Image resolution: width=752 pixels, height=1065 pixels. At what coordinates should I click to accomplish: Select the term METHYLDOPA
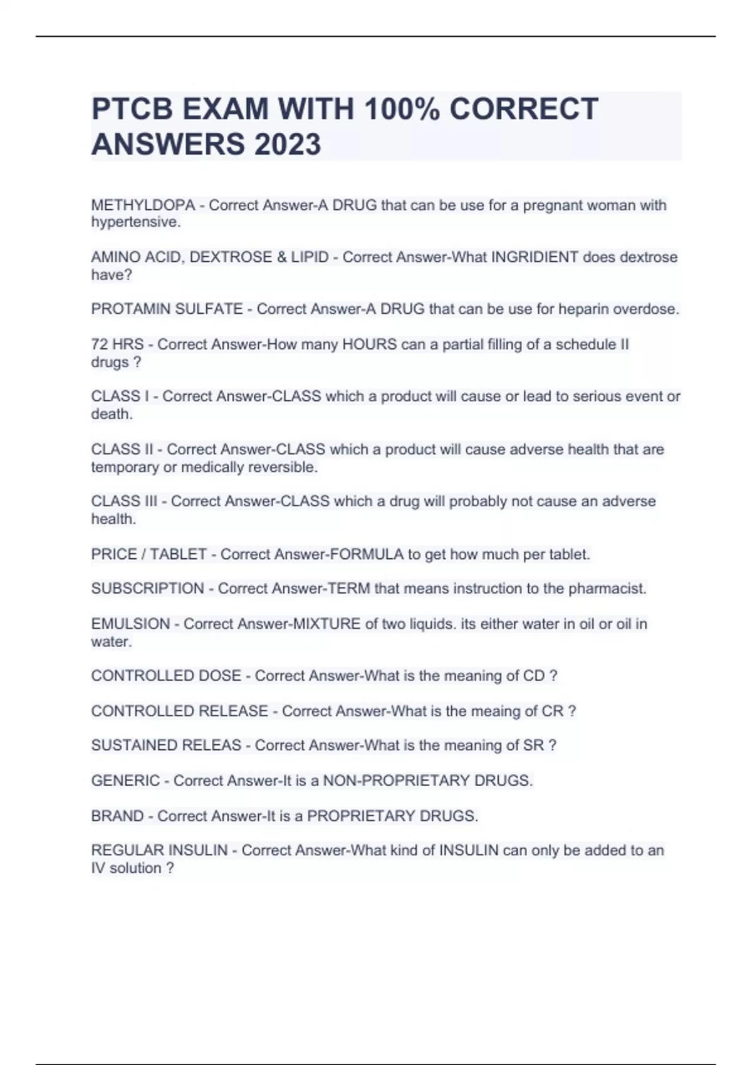(143, 205)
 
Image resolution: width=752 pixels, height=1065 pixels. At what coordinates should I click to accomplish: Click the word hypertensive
(135, 222)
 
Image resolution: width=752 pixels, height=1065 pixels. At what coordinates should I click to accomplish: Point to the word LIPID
(307, 257)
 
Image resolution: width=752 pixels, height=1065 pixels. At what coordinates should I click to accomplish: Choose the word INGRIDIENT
(535, 257)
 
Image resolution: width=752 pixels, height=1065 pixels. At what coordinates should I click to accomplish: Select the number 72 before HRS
(99, 345)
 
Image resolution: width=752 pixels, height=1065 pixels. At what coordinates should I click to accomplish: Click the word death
(111, 414)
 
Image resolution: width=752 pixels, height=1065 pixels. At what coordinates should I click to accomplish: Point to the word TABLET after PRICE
(178, 554)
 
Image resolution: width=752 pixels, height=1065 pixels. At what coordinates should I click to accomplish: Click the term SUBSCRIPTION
(147, 589)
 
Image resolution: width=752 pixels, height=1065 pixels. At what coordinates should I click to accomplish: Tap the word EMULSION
(130, 624)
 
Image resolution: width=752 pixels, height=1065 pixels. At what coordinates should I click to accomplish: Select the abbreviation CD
(533, 676)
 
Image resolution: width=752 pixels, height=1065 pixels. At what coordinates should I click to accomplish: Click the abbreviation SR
(533, 745)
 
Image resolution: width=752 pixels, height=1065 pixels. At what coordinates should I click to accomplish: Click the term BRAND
(117, 816)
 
